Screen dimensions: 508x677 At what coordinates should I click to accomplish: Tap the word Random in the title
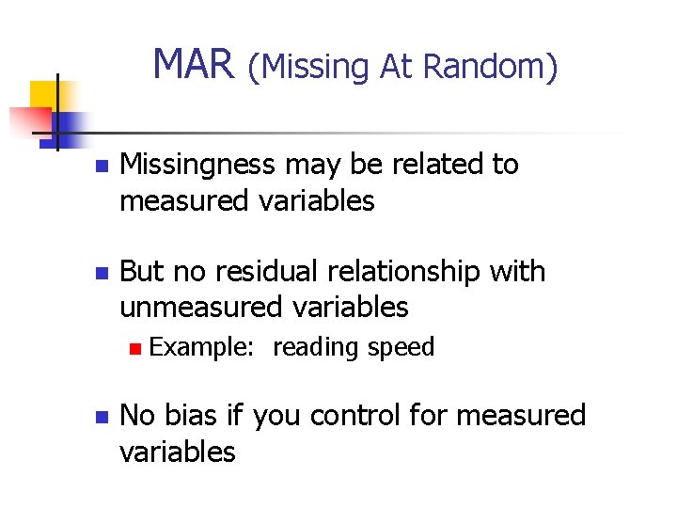coord(491,67)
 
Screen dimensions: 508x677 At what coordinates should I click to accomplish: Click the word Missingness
coord(198,165)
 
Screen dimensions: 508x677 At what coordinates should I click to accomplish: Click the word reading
coord(315,348)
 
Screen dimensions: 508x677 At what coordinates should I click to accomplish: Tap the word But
coord(142,272)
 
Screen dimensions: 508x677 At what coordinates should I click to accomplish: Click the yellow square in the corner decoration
coord(45,95)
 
